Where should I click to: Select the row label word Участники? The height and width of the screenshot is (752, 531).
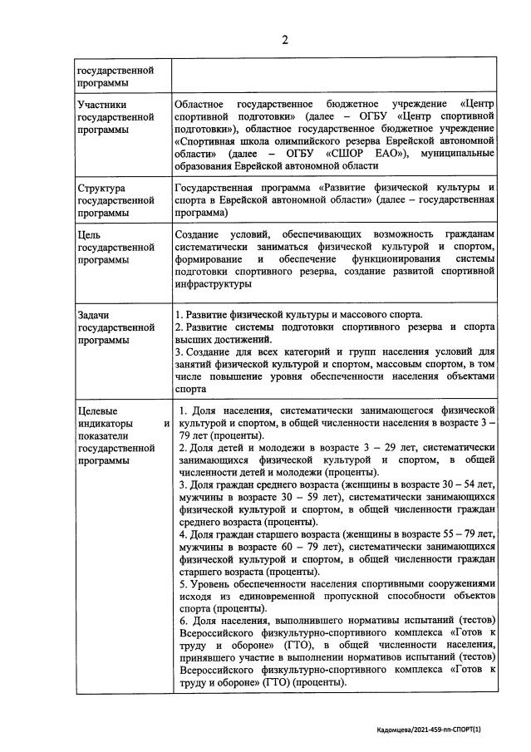(x=101, y=106)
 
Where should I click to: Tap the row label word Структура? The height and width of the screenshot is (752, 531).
(x=101, y=189)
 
